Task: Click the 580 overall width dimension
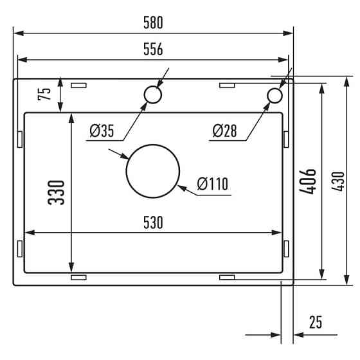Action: tap(152, 22)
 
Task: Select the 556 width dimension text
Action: tap(152, 50)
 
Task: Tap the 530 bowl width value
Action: tap(152, 222)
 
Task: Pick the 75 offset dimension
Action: tap(45, 94)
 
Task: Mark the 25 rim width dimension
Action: tap(315, 322)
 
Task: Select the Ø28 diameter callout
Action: tap(224, 131)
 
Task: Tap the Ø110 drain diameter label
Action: tap(213, 184)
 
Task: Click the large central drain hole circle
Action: tap(152, 170)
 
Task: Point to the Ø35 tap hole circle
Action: tap(152, 95)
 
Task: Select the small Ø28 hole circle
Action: tap(274, 95)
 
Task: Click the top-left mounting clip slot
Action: tap(78, 85)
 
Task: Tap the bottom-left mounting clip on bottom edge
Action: tap(78, 277)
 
